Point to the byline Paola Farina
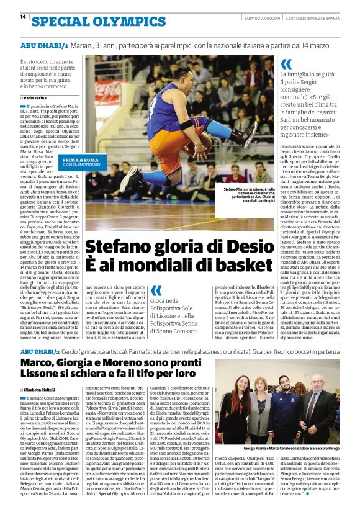[x=37, y=98]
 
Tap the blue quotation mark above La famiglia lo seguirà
[x=286, y=64]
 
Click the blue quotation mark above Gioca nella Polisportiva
[x=156, y=290]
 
